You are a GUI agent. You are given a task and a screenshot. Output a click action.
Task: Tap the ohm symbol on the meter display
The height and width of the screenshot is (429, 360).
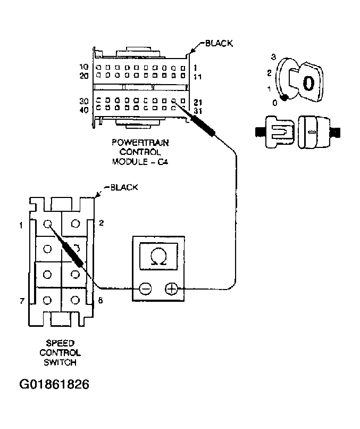point(158,258)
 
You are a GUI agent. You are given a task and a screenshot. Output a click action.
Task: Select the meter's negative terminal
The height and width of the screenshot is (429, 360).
point(145,289)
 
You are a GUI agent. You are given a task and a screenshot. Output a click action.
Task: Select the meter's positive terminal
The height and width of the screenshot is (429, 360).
point(171,289)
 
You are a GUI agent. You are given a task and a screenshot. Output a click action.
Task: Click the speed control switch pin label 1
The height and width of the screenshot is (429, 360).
point(20,225)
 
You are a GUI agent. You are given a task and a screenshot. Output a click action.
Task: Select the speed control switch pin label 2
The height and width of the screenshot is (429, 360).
point(101,222)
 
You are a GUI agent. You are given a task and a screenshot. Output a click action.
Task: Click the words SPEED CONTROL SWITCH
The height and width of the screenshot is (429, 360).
point(60,352)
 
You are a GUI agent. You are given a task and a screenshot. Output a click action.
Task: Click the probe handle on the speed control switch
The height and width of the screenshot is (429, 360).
point(72,254)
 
